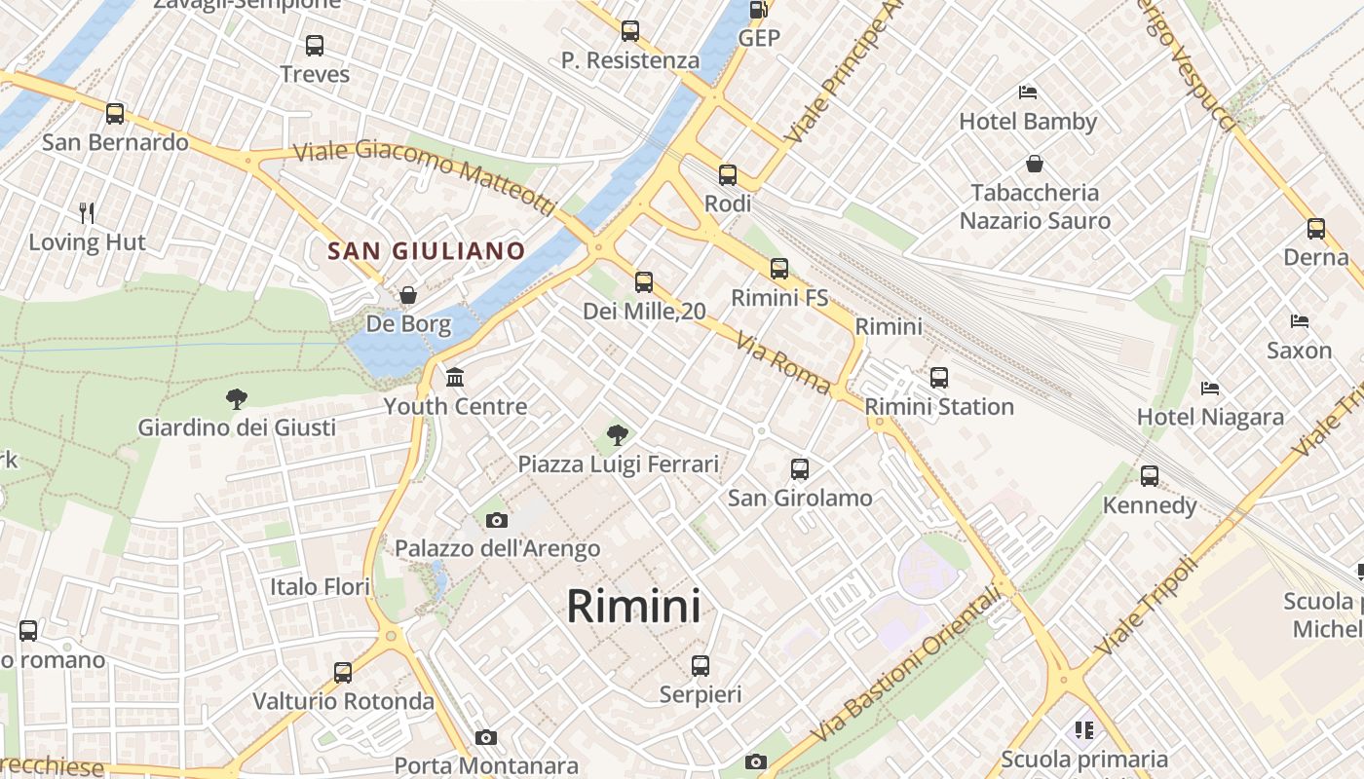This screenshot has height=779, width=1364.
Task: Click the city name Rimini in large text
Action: point(633,606)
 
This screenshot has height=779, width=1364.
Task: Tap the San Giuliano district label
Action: point(426,251)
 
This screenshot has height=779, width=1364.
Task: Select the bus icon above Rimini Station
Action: point(939,377)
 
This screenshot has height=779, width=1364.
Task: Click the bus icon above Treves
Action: point(315,45)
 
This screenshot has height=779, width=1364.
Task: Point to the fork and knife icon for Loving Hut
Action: point(87,212)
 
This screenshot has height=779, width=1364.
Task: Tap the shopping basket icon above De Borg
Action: point(408,294)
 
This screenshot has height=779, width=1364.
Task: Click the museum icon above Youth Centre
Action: point(455,377)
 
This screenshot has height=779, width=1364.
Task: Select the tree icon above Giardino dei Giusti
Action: point(236,398)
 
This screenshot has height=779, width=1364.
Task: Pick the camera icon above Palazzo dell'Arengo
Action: point(497,520)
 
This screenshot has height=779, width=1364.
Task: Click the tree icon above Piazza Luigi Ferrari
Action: point(617,434)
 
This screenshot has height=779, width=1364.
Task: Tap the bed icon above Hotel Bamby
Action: point(1028,93)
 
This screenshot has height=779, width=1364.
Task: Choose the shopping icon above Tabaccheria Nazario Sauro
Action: point(1034,164)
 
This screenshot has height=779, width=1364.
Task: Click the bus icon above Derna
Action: point(1316,229)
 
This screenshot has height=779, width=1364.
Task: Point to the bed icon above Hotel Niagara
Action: point(1210,389)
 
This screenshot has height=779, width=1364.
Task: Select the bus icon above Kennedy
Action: point(1150,476)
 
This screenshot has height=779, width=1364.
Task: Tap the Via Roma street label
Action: point(783,363)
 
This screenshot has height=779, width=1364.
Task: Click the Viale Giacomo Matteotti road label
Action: point(424,176)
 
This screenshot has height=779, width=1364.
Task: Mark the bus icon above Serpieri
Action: point(701,666)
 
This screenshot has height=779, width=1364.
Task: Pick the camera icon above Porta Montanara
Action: point(486,738)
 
